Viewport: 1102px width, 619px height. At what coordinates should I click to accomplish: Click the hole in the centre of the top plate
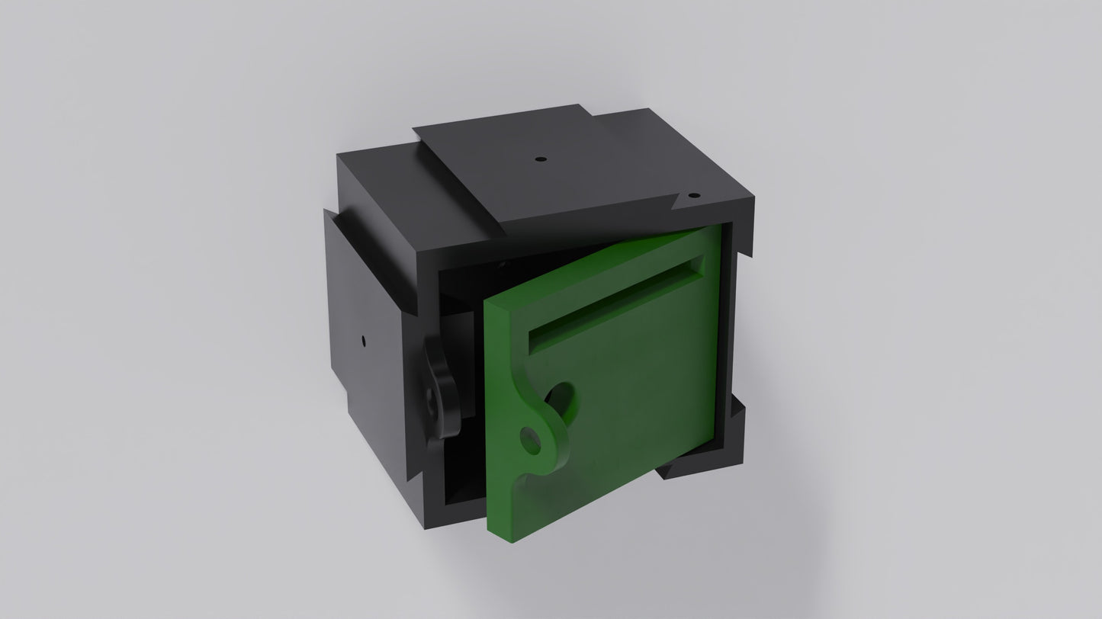(540, 159)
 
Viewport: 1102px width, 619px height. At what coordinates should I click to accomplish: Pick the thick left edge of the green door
(496, 419)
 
